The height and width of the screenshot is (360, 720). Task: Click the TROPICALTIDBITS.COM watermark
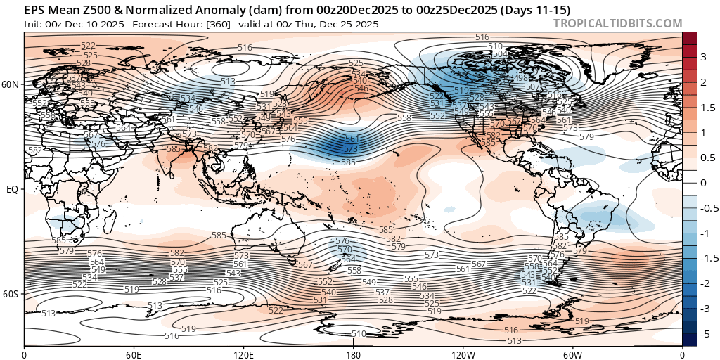pos(617,23)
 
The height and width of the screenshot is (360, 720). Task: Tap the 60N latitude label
pos(11,84)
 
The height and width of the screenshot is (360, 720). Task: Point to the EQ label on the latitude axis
pos(13,189)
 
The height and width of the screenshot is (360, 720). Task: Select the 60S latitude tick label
pos(11,294)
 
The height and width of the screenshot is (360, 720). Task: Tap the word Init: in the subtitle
pos(34,24)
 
